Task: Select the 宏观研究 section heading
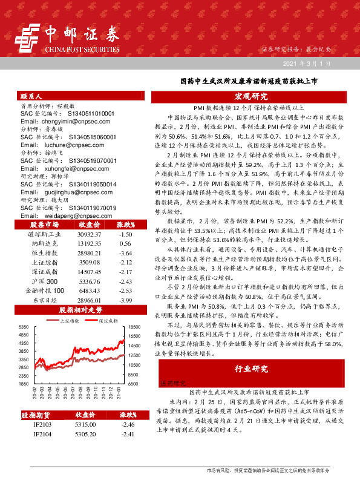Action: [x=251, y=97]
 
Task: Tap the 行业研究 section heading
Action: [x=251, y=369]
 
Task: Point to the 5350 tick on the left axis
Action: [x=24, y=326]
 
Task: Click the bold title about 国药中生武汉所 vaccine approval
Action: [x=250, y=80]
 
